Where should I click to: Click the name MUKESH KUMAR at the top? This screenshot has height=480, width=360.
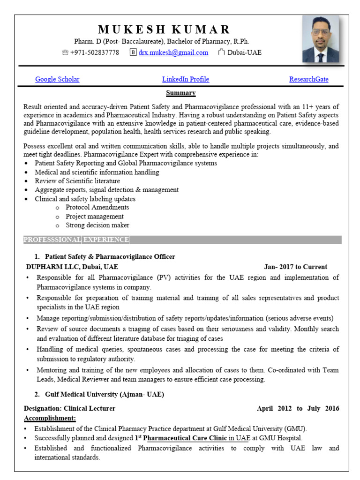click(165, 30)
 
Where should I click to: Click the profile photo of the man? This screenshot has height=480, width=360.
click(320, 39)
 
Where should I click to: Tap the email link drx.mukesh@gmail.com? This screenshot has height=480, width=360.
click(173, 52)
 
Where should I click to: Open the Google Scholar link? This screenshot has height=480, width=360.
click(57, 79)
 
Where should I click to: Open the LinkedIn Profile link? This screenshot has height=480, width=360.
click(186, 79)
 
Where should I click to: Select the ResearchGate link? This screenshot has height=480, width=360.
click(308, 79)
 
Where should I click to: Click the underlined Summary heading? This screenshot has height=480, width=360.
click(181, 93)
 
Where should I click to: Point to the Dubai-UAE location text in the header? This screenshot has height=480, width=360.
click(244, 52)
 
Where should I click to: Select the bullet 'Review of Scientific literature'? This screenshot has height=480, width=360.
click(77, 181)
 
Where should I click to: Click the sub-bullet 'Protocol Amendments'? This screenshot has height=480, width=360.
click(97, 207)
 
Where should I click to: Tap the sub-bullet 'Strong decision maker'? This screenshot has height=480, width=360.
click(97, 225)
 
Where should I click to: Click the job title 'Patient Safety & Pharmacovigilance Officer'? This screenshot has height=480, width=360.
click(110, 257)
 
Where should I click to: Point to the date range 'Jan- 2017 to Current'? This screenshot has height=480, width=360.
click(295, 267)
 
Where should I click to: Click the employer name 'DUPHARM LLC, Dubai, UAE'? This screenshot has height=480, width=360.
click(72, 267)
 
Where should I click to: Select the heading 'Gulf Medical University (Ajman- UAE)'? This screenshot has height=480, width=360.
click(105, 394)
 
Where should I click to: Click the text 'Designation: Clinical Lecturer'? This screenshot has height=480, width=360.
click(69, 408)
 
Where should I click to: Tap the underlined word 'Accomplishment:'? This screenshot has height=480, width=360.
click(50, 418)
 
